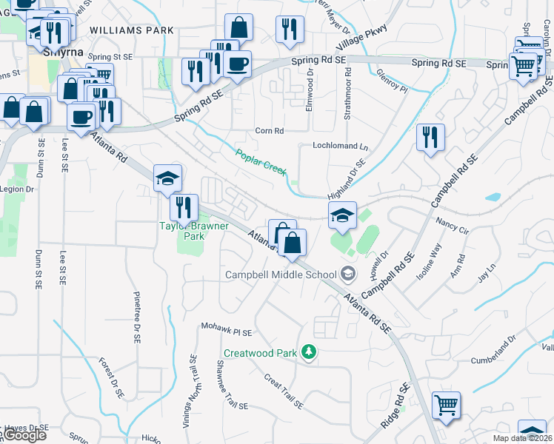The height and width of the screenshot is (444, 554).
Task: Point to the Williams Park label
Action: click(132, 30)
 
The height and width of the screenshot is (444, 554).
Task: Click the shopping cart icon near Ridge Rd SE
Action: click(447, 404)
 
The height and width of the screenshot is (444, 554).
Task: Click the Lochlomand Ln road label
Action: click(340, 147)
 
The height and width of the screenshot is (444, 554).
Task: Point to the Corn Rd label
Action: click(270, 131)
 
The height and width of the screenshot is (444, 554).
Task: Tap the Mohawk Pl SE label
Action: click(227, 329)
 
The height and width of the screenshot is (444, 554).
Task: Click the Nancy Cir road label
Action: click(453, 226)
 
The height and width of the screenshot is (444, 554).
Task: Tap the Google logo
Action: click(24, 435)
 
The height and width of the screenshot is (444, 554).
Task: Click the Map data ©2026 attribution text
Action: click(521, 438)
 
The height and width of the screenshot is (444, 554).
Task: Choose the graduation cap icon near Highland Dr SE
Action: click(341, 215)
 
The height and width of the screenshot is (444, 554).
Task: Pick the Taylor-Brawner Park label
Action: click(182, 231)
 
